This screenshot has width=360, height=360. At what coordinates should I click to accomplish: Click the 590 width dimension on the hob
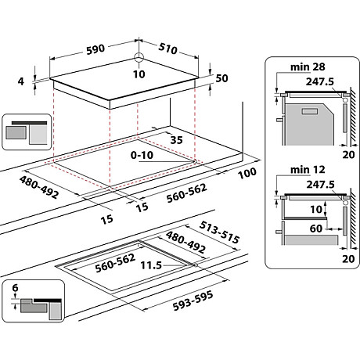pyautogui.click(x=95, y=49)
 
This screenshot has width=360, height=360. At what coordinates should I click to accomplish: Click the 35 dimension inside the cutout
pyautogui.click(x=175, y=140)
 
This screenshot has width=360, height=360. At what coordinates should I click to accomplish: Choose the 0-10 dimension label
pyautogui.click(x=143, y=156)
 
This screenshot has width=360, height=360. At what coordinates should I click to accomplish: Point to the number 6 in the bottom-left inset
pyautogui.click(x=14, y=289)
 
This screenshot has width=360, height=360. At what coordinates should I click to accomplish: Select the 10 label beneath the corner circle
pyautogui.click(x=139, y=74)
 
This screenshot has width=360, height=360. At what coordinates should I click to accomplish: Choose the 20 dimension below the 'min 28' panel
pyautogui.click(x=347, y=156)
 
